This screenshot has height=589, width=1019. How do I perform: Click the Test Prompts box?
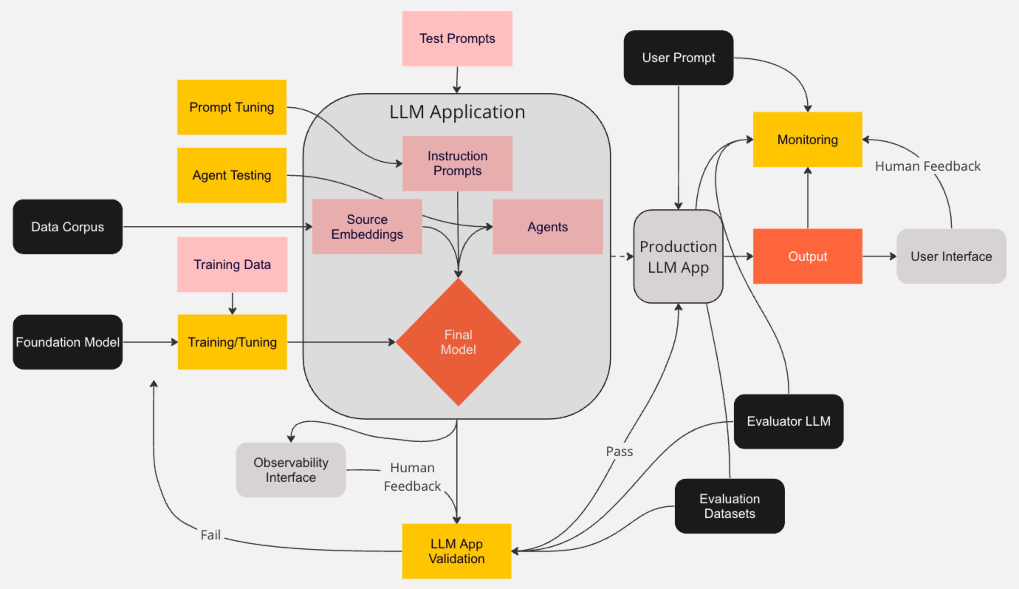(457, 38)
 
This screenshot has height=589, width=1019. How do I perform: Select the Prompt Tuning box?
(231, 107)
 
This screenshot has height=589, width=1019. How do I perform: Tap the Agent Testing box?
(231, 175)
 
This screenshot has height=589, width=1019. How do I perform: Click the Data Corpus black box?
(68, 227)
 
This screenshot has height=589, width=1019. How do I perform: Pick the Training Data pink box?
(232, 265)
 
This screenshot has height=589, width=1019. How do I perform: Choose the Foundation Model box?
(68, 342)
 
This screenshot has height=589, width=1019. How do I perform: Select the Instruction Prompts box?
(457, 163)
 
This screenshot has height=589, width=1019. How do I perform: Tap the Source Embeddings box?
(367, 227)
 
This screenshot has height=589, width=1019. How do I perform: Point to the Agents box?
(547, 227)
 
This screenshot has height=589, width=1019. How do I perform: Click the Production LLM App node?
(678, 256)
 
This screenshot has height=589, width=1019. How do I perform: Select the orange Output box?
(807, 256)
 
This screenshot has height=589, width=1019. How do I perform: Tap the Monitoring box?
(807, 140)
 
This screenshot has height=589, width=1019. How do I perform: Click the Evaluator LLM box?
(788, 421)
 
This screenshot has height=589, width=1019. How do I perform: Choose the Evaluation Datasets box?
(729, 506)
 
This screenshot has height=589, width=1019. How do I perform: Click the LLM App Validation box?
(456, 551)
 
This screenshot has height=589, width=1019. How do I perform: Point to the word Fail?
(210, 535)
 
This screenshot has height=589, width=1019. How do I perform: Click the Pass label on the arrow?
(619, 452)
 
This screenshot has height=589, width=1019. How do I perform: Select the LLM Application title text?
(457, 112)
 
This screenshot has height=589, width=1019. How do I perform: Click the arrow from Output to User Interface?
(879, 256)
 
